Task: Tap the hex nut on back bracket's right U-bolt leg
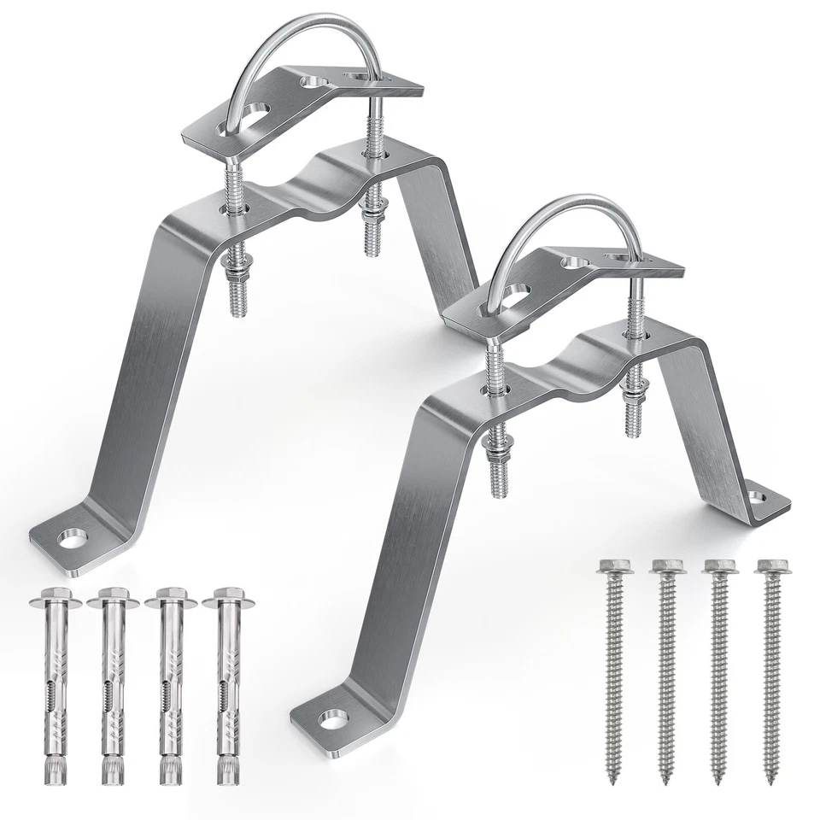[373, 210]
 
